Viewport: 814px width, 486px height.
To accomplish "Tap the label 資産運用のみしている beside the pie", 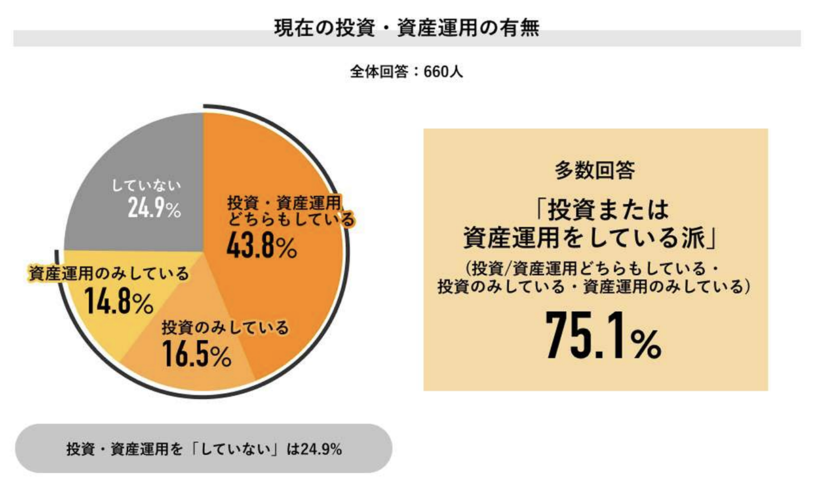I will [109, 273].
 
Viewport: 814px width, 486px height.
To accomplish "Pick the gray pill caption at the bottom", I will [203, 449].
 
